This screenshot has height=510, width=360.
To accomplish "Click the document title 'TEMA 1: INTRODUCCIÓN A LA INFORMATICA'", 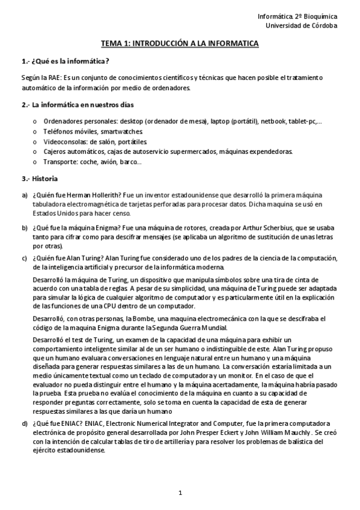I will pos(180,44).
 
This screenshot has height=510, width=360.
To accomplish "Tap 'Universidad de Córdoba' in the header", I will pos(302,25).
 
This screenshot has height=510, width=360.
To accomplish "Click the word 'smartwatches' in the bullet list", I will pos(122,131).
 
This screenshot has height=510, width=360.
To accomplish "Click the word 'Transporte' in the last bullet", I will pos(61,162).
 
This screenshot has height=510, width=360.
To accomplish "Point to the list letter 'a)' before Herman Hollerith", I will pos(25,195).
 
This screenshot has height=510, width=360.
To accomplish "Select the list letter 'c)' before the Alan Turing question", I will pos(25,258).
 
